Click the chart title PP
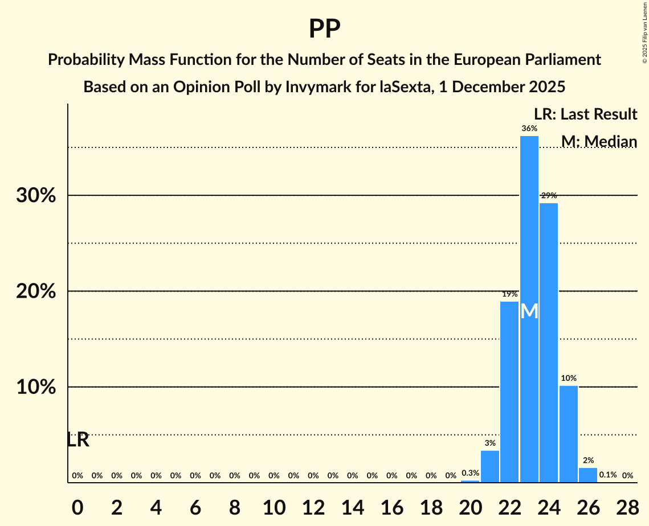[x=324, y=28]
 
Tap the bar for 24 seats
[x=549, y=342]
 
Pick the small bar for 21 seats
[x=490, y=466]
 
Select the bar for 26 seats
[x=588, y=475]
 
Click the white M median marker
[x=529, y=311]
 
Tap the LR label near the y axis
[x=78, y=440]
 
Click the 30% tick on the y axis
[x=36, y=196]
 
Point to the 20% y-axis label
[x=36, y=291]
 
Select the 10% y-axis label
[x=36, y=387]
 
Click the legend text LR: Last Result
[x=585, y=114]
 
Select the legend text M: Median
[x=599, y=141]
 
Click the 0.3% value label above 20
[x=470, y=473]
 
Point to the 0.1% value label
[x=608, y=475]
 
